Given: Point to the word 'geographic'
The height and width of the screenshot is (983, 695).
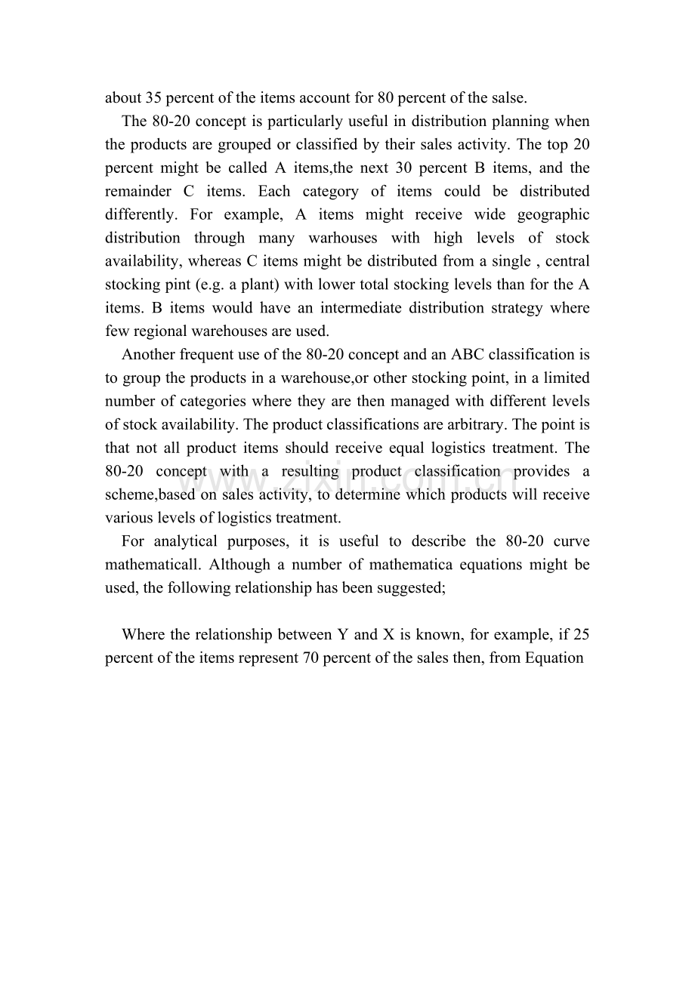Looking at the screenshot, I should pos(553,214).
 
